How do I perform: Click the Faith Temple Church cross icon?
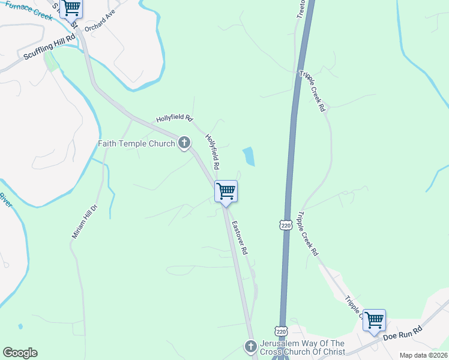tap(184, 143)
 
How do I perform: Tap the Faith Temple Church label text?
tap(137, 143)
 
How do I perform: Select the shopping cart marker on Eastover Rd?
tap(226, 192)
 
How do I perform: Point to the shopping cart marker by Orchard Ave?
tap(71, 8)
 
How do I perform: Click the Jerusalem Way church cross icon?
tap(251, 346)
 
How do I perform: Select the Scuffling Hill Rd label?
tap(50, 46)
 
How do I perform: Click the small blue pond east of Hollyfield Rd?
tap(249, 157)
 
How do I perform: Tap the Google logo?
tap(20, 353)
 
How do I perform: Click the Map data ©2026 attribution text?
tap(423, 355)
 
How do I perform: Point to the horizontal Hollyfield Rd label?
tap(173, 118)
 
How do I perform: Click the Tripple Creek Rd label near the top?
tap(313, 91)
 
